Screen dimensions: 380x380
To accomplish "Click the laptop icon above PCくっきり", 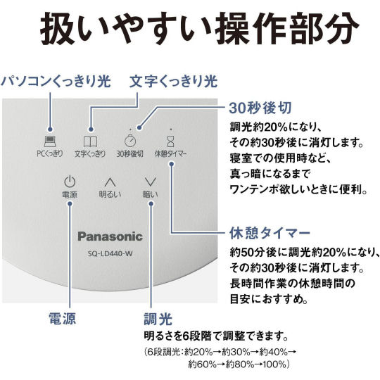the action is coord(50,141).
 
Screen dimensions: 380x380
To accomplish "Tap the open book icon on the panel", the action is coord(90,141).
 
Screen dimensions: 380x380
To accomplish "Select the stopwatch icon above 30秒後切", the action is coord(130,140).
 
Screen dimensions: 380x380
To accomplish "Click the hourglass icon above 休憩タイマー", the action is coord(170,141).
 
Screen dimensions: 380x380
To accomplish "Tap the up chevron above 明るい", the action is coord(110,182).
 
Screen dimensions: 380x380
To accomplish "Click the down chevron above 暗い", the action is coord(151,182).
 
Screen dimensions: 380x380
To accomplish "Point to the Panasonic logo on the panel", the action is coord(110,236).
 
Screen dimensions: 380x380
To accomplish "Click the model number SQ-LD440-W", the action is coord(110,254).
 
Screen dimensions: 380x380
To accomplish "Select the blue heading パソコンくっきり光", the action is coord(56,81).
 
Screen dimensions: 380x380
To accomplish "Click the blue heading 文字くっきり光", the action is coord(174,81).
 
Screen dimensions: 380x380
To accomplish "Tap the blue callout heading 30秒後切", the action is coord(260,108).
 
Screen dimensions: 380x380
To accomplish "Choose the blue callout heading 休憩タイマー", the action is coord(270,233).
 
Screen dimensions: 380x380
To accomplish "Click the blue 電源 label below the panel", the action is coord(63,318).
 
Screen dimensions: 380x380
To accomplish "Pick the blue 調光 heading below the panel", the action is coord(158,319).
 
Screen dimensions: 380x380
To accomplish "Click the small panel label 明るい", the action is coord(110,194).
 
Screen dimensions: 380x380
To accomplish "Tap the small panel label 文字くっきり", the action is coord(90,153).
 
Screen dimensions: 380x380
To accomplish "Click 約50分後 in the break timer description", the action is coord(252,253).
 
